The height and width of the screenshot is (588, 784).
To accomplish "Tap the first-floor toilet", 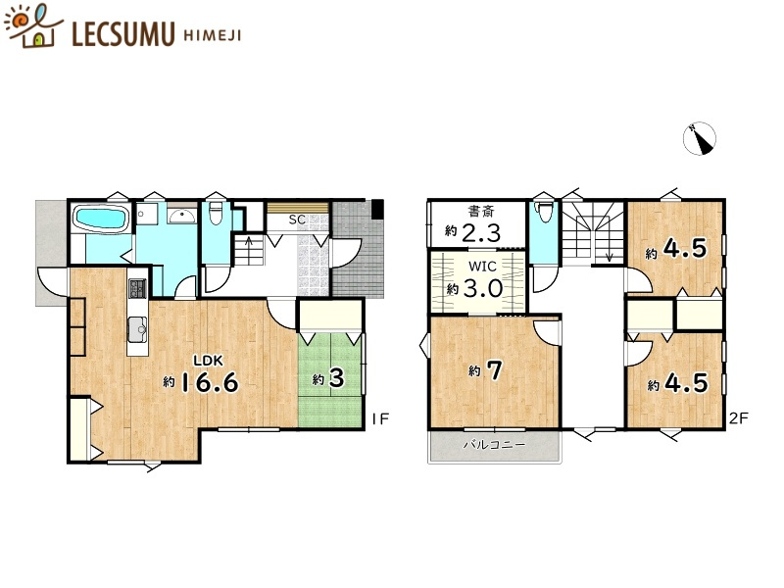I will (x=216, y=213).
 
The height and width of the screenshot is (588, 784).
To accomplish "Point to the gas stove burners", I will (x=136, y=290).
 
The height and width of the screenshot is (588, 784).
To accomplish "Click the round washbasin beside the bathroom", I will (x=180, y=217).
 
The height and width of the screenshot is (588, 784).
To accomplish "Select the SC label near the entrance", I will (x=297, y=220).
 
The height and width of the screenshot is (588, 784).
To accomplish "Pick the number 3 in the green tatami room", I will (x=336, y=379).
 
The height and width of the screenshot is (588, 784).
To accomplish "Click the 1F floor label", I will (x=380, y=418).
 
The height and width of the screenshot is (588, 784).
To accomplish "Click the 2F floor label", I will (x=738, y=418).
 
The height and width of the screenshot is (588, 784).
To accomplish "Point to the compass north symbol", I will (x=701, y=138).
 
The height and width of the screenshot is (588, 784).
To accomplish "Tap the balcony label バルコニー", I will (x=494, y=445).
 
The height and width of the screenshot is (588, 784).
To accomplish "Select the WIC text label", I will (x=479, y=267).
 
